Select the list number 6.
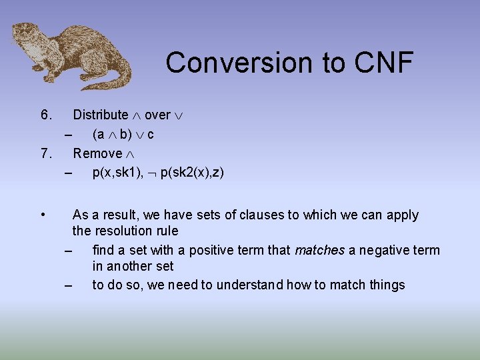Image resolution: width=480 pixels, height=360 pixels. (46, 115)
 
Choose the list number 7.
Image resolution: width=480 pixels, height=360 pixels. (46, 153)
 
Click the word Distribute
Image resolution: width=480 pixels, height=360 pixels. (100, 115)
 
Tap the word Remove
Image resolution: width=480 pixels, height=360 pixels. (97, 153)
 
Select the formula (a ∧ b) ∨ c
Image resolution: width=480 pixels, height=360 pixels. (123, 134)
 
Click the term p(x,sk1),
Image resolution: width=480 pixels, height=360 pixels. (117, 173)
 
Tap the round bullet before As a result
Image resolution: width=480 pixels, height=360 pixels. (43, 215)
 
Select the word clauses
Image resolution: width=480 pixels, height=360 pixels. (245, 215)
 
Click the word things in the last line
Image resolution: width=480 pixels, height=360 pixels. (387, 285)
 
